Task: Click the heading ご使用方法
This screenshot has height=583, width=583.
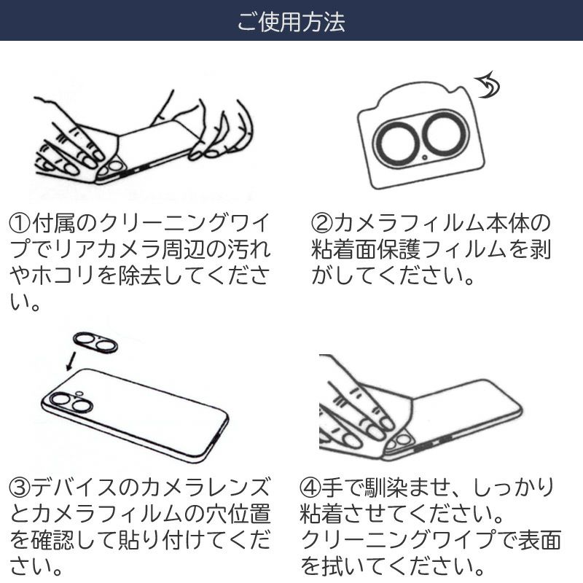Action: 291,21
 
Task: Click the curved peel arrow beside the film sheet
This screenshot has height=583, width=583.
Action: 487,87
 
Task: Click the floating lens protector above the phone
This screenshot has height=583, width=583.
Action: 96,343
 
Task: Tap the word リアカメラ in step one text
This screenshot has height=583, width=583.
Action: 117,249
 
